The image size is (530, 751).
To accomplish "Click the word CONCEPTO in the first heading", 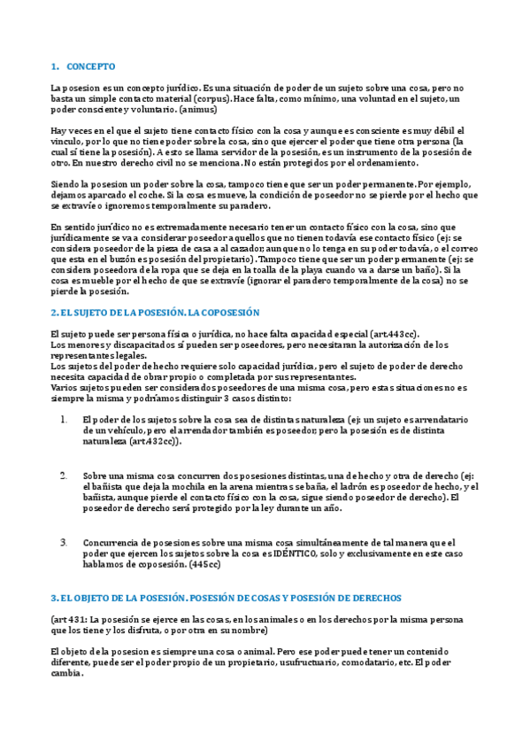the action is (x=90, y=67).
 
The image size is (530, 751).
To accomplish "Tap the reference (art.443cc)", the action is (x=390, y=334).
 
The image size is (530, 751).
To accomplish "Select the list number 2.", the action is (x=63, y=476).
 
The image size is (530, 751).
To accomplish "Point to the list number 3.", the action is (x=63, y=542).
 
